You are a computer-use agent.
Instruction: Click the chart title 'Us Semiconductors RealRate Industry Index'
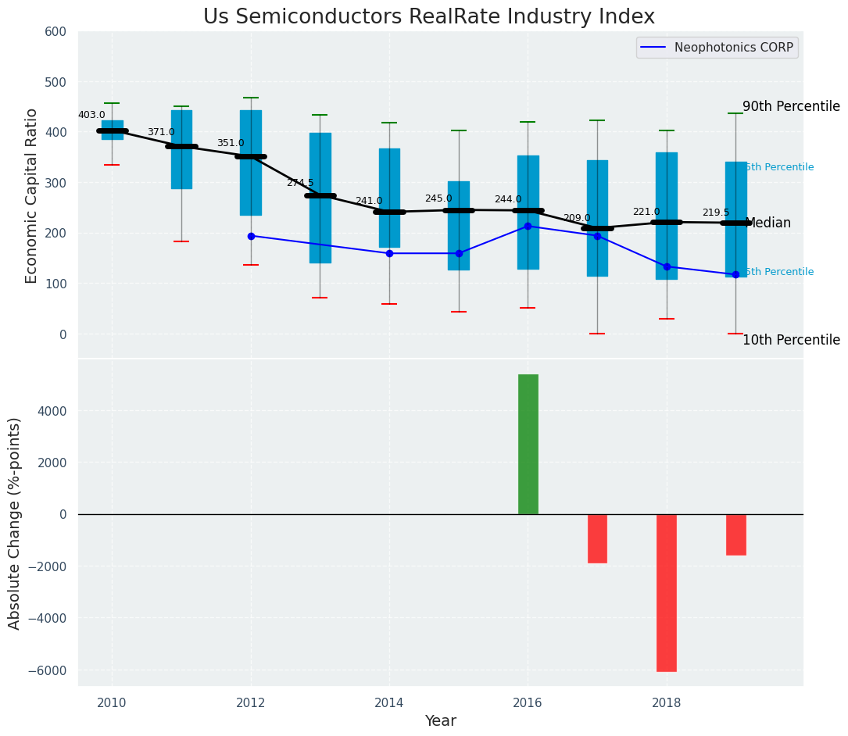[x=428, y=17]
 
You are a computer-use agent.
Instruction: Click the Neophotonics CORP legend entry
[x=717, y=48]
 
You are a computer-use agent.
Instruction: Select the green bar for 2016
[x=528, y=444]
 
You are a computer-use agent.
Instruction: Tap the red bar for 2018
[x=667, y=592]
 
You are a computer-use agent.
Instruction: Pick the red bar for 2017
[x=597, y=538]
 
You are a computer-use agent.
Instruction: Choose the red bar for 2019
[x=736, y=534]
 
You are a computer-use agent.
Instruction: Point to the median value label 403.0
[x=91, y=116]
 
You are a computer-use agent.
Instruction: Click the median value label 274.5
[x=300, y=183]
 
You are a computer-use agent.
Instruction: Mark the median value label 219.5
[x=716, y=213]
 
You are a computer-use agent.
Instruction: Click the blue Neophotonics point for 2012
[x=251, y=236]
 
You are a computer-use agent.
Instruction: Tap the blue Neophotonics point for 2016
[x=528, y=226]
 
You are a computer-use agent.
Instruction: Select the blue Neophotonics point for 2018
[x=667, y=266]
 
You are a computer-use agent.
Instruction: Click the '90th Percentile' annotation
[x=791, y=107]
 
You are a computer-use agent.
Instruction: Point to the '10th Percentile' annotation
[x=791, y=341]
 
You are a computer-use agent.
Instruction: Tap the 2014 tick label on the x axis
[x=389, y=702]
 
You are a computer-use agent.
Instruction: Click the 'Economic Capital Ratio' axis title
[x=32, y=195]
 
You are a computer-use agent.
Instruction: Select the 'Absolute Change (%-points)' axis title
[x=15, y=523]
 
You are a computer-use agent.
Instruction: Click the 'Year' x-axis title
[x=440, y=721]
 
